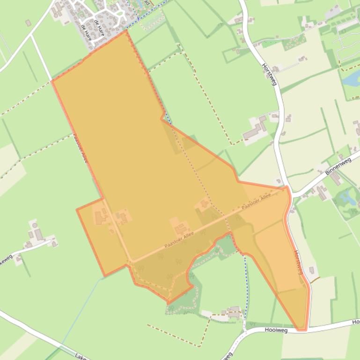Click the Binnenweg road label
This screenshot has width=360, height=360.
[x=338, y=167]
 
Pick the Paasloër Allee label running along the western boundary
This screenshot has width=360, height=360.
[x=80, y=149]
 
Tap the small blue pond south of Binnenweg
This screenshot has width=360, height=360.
[x=348, y=196]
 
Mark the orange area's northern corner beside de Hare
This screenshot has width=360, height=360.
[x=126, y=31]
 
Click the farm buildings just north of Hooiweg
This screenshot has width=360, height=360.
[x=233, y=312]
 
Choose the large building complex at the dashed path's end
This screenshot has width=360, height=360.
[x=255, y=129]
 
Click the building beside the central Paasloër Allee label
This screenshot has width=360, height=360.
[x=181, y=228]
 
